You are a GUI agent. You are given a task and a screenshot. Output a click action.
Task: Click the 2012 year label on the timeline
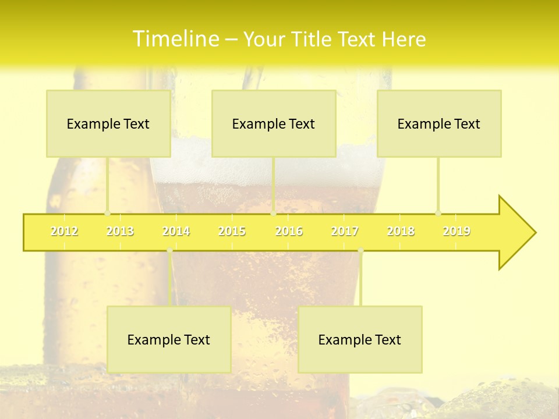click(x=64, y=231)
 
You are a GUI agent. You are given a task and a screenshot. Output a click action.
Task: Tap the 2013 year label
click(x=120, y=231)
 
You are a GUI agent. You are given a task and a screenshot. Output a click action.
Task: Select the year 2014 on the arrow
click(x=176, y=231)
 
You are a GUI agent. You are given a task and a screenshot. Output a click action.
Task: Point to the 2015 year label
click(x=232, y=231)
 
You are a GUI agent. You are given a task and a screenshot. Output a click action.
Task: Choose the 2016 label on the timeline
click(x=289, y=231)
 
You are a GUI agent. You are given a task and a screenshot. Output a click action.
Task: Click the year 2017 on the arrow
click(x=345, y=231)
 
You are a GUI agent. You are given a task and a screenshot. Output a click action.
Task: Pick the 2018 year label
click(x=401, y=231)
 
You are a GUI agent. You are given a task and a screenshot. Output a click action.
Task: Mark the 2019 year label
click(x=457, y=231)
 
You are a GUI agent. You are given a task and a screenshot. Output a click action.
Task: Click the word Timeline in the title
click(x=174, y=39)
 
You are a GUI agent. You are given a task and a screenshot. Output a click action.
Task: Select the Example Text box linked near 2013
click(x=108, y=123)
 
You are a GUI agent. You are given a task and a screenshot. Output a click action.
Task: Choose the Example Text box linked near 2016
click(x=274, y=123)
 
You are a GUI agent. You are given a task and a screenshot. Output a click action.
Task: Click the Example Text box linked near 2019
click(x=439, y=123)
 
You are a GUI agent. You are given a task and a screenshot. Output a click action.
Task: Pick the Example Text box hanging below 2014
click(x=169, y=339)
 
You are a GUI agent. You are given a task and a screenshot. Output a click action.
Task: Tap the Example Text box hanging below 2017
click(x=360, y=339)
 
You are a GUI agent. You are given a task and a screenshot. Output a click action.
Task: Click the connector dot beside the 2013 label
click(x=107, y=213)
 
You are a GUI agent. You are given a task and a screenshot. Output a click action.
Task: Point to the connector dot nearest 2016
click(x=274, y=213)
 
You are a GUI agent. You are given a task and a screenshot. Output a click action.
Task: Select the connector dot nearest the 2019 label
click(x=438, y=213)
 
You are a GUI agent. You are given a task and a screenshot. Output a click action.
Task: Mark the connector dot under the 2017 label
click(x=360, y=250)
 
